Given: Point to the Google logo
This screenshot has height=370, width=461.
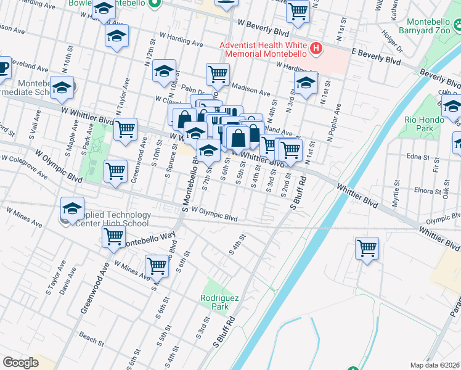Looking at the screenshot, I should click(x=20, y=362).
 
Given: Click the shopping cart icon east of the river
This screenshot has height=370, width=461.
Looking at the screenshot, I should click(x=367, y=249).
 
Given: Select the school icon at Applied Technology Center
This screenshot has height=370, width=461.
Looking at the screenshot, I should click(x=72, y=208).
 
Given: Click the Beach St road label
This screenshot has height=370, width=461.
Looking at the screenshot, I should click(x=91, y=340).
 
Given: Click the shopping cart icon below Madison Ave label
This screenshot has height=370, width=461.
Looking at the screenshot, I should click(x=218, y=74).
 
